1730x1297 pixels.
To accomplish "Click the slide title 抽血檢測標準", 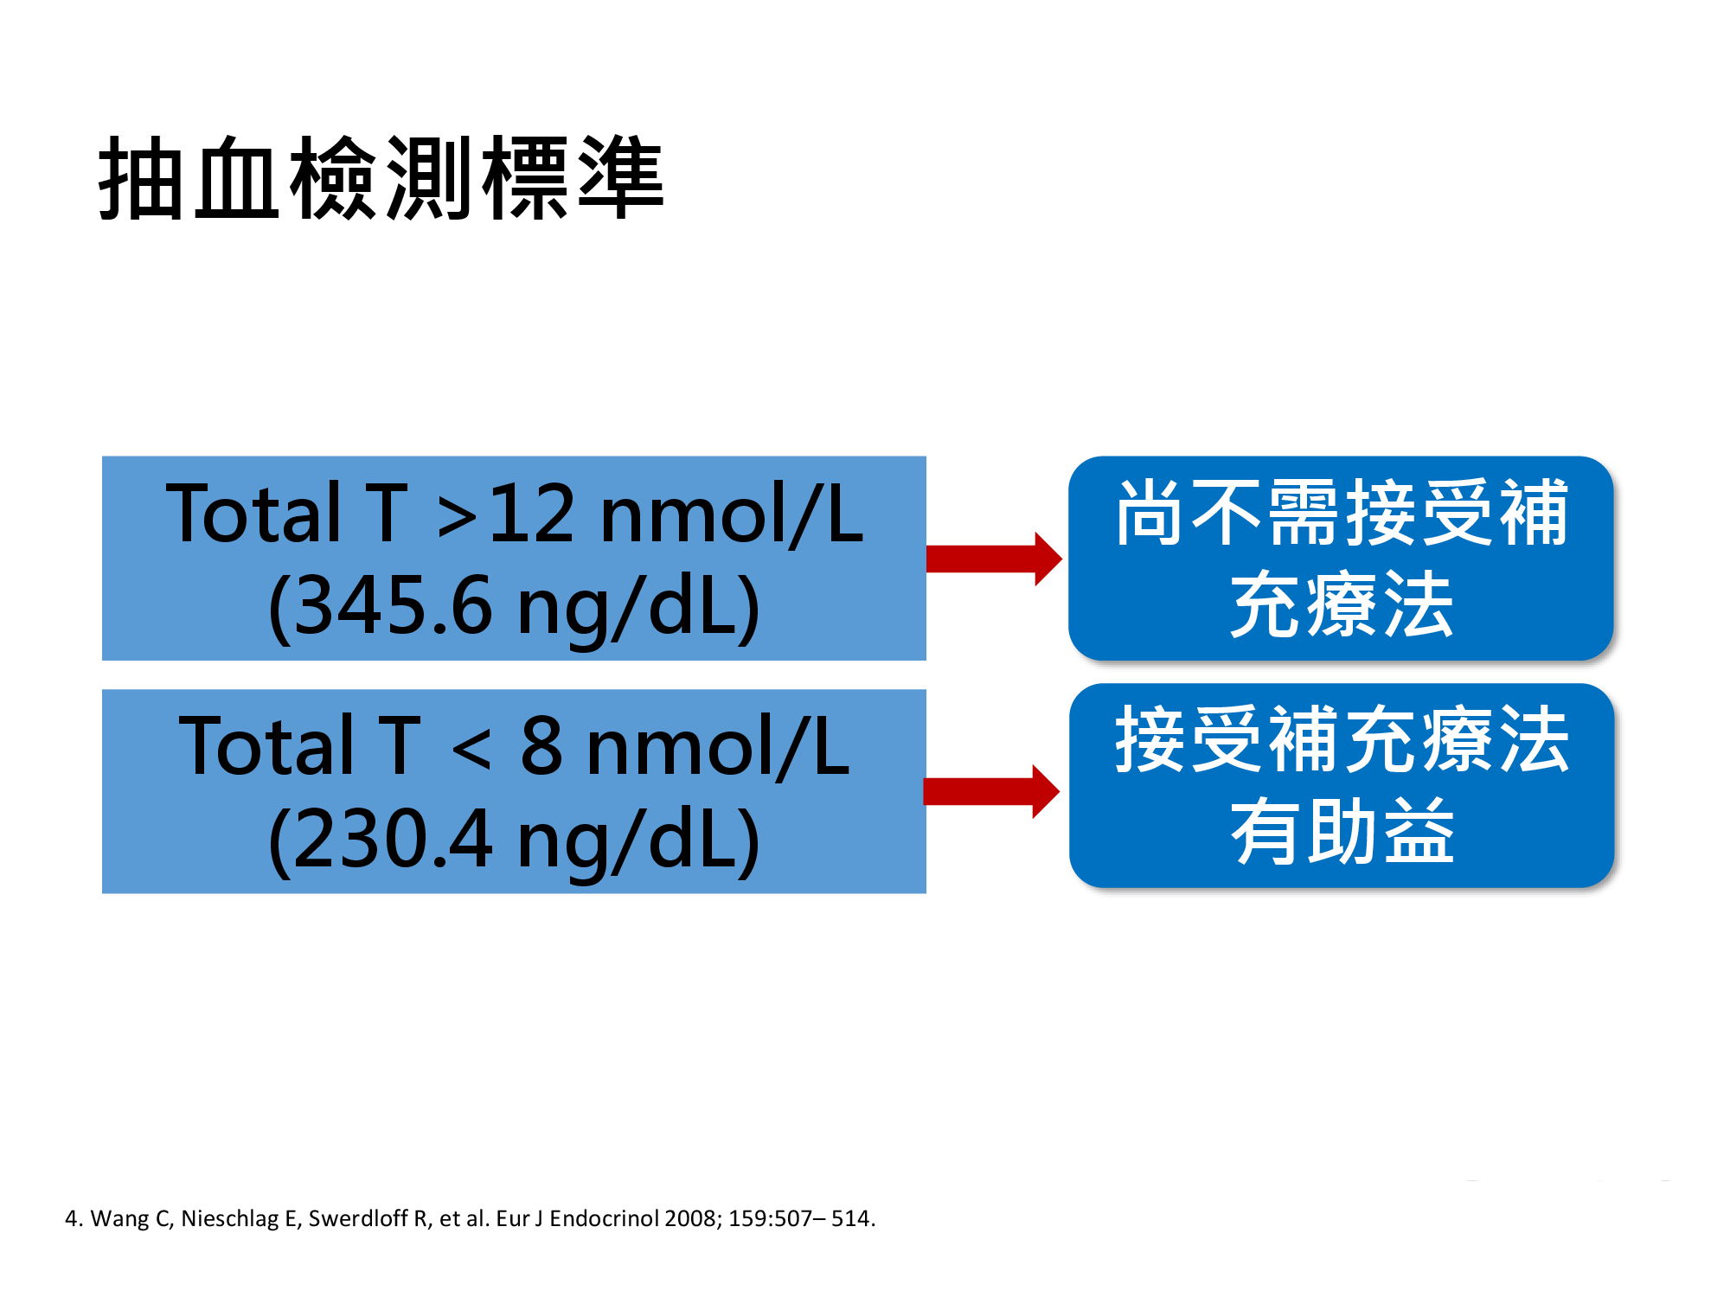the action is click(x=381, y=178).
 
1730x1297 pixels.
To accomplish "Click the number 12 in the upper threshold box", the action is click(x=531, y=514).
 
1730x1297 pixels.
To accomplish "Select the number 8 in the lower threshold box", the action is click(x=541, y=746).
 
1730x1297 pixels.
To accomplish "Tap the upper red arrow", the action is click(x=994, y=559).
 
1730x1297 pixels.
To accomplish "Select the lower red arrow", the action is click(x=992, y=791).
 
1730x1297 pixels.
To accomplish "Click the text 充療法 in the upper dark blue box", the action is click(x=1342, y=604).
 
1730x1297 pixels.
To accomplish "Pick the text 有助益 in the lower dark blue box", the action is click(x=1342, y=831).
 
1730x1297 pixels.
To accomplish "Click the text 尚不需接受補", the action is click(x=1342, y=513).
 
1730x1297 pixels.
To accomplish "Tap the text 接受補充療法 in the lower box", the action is click(x=1342, y=739).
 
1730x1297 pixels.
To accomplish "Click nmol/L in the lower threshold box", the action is click(x=718, y=746).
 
